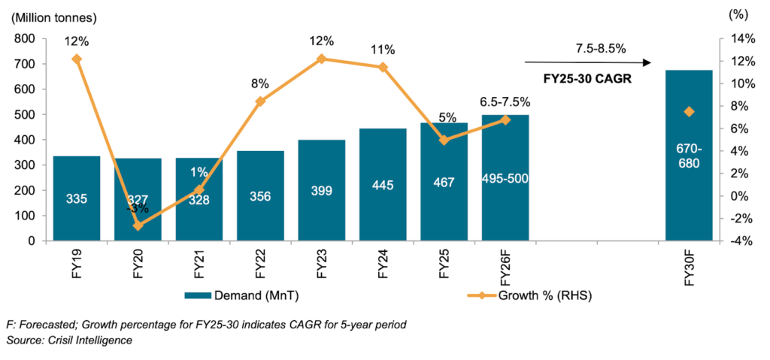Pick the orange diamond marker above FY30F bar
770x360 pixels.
(689, 112)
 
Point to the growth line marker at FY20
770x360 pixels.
(138, 225)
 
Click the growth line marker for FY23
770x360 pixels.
(321, 59)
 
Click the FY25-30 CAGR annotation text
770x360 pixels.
(587, 77)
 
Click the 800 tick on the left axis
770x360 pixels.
(25, 38)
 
